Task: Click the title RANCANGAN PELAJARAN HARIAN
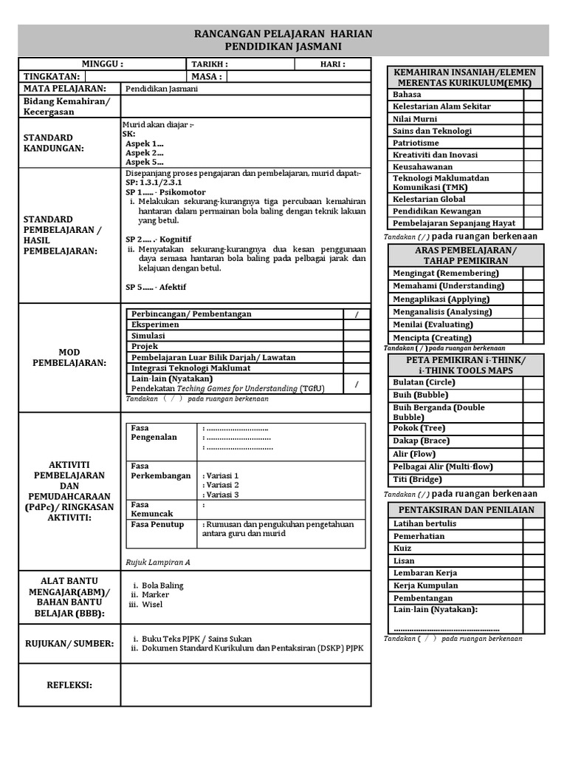(283, 34)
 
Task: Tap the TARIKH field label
(210, 64)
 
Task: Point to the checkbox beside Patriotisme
(533, 143)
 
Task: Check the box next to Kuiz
(533, 549)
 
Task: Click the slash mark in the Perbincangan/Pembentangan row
(357, 314)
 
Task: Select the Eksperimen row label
(155, 325)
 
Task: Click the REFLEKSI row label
(69, 685)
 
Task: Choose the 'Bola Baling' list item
(162, 585)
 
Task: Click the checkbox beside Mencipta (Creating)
(533, 338)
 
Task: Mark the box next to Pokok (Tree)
(533, 428)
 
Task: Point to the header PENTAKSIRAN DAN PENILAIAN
(466, 510)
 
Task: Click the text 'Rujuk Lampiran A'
(158, 562)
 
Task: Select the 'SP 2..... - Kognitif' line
(158, 240)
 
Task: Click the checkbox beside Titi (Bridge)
(533, 479)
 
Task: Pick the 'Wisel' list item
(152, 605)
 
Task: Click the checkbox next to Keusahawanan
(533, 167)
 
